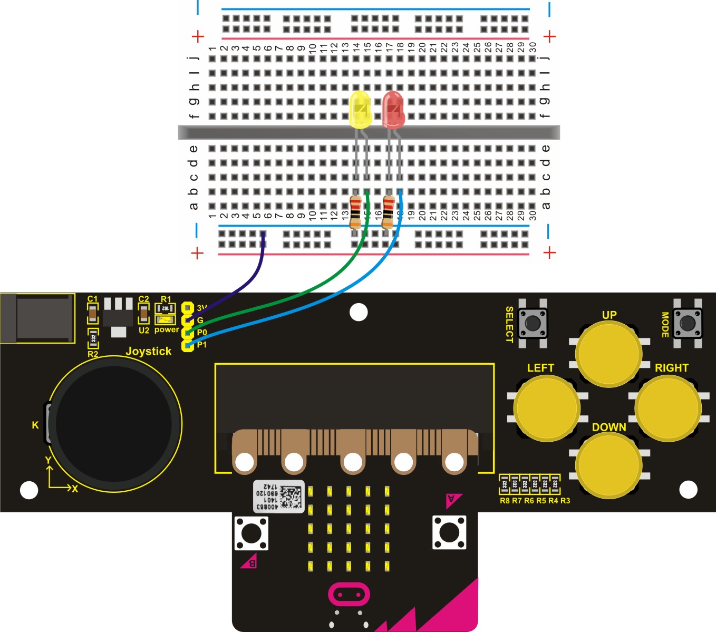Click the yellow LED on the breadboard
[x=360, y=110]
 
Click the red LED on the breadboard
[x=393, y=110]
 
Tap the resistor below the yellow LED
[x=355, y=211]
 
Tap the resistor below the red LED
[x=388, y=211]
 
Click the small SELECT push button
[x=533, y=323]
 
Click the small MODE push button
[x=688, y=322]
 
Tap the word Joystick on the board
[x=149, y=351]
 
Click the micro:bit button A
[x=449, y=532]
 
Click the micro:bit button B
[x=251, y=533]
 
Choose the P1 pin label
[x=202, y=345]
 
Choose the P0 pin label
[x=202, y=333]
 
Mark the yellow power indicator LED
[x=166, y=319]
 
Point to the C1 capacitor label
[x=93, y=299]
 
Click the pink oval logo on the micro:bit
[x=349, y=595]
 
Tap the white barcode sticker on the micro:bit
[x=279, y=496]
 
